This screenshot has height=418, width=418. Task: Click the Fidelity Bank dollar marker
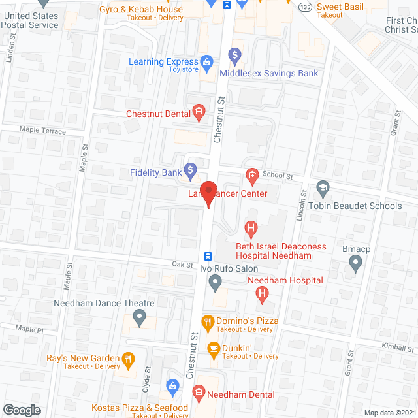(x=190, y=172)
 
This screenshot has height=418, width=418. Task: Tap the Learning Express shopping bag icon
(x=207, y=62)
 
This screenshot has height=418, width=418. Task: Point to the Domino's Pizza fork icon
(x=208, y=321)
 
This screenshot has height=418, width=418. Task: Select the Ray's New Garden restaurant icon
(x=129, y=358)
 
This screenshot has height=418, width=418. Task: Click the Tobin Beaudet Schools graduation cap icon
(x=322, y=188)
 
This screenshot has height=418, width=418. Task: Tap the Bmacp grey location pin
(x=355, y=263)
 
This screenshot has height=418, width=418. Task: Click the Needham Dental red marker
(x=198, y=394)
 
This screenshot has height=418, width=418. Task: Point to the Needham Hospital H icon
(x=262, y=295)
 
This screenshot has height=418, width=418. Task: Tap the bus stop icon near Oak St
(x=208, y=256)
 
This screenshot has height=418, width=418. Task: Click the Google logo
(x=21, y=410)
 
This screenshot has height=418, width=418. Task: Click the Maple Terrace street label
(x=42, y=131)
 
